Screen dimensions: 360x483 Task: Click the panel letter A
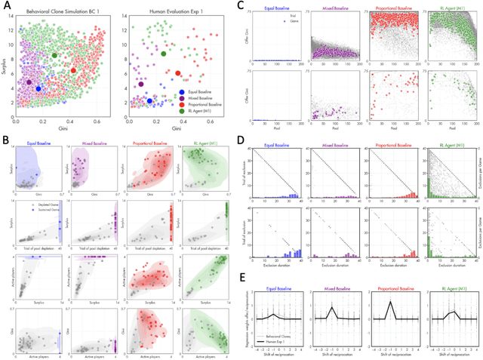6,5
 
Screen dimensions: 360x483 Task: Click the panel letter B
6,140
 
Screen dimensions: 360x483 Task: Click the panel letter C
240,5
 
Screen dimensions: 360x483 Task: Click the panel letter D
240,140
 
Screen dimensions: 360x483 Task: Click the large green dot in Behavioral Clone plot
55,56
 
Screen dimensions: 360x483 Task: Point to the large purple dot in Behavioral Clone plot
29,82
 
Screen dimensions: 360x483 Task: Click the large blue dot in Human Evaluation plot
149,100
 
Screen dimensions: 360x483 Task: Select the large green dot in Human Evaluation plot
164,53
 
